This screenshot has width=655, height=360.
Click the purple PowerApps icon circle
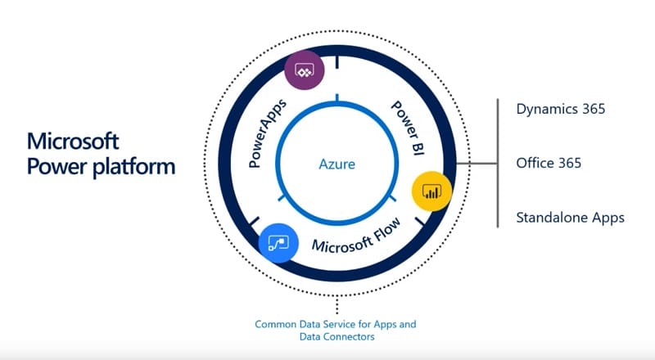coord(305,70)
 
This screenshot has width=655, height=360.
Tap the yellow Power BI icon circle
coord(431,191)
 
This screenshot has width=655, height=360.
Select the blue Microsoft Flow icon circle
coord(279,244)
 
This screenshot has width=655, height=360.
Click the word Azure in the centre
coord(337,164)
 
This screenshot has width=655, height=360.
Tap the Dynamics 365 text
coord(561,108)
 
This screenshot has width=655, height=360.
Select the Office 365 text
coord(549,163)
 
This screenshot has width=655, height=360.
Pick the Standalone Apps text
coord(570,218)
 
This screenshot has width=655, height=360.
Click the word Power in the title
coord(52,167)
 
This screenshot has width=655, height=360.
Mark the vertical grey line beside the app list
coord(498,164)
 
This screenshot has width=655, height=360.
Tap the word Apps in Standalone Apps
coord(610,218)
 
